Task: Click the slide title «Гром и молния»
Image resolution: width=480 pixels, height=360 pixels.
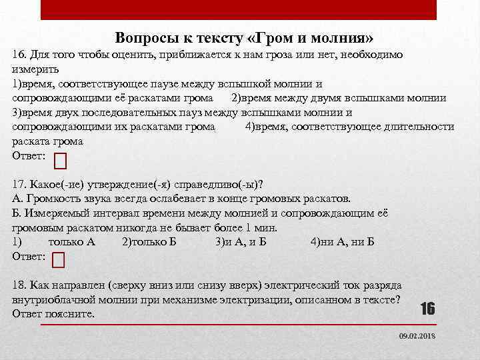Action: (x=244, y=37)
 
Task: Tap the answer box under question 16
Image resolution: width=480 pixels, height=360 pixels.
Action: (x=60, y=160)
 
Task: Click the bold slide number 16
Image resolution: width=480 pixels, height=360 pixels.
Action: (x=427, y=308)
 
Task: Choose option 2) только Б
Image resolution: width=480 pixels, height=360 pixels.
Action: (x=149, y=241)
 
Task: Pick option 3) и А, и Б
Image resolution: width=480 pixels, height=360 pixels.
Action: (x=241, y=241)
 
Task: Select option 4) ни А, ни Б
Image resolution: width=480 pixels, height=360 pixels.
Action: (x=342, y=241)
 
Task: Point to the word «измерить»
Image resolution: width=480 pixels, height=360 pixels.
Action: (x=36, y=69)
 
